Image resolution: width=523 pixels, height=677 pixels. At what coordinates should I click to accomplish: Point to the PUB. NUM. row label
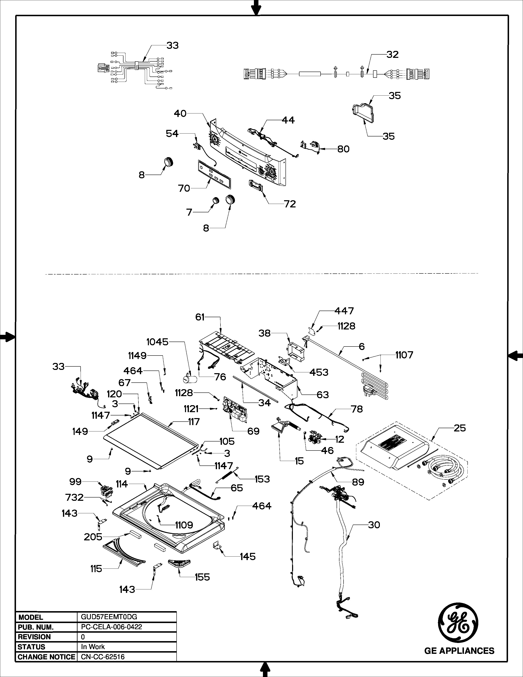coord(36,627)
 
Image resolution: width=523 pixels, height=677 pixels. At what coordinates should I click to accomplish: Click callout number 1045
coord(157,342)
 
